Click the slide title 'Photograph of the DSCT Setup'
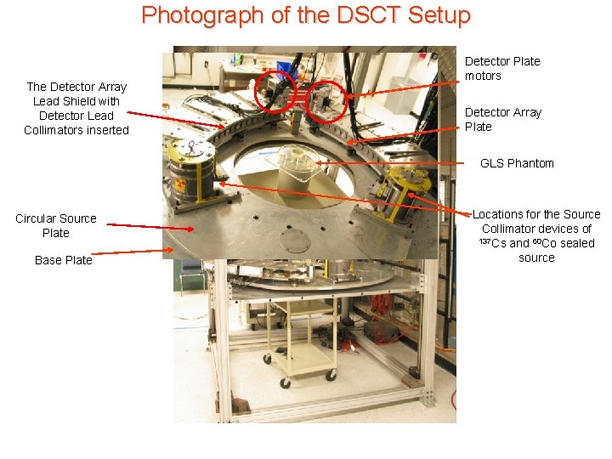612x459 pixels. point(305,15)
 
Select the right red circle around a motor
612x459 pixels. point(326,101)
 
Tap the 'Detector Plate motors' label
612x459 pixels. point(501,68)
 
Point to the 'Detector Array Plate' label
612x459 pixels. point(502,119)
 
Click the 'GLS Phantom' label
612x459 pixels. point(517,163)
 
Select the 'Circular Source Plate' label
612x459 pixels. point(56,225)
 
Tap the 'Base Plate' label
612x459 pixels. point(64,260)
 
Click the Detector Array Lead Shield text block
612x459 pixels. point(76,108)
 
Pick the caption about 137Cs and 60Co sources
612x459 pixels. point(535,235)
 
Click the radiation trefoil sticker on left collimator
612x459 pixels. point(181,184)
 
